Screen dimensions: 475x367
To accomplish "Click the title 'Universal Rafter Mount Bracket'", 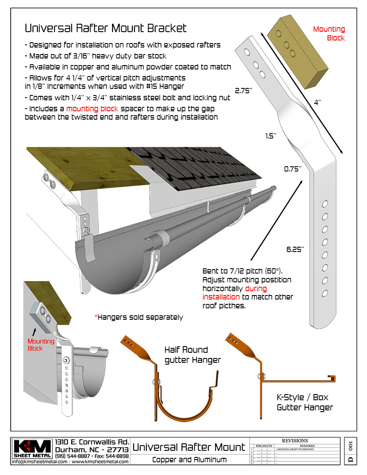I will pyautogui.click(x=105, y=28).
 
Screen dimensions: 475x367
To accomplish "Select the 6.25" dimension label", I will pyautogui.click(x=295, y=249).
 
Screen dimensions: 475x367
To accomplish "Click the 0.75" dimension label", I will pyautogui.click(x=293, y=168).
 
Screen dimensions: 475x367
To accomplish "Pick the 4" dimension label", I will pyautogui.click(x=317, y=102).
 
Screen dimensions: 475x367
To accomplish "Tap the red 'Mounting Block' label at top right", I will pyautogui.click(x=329, y=33).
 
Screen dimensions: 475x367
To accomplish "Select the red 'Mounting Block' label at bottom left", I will pyautogui.click(x=41, y=344).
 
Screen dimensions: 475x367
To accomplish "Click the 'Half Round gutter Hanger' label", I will pyautogui.click(x=193, y=355).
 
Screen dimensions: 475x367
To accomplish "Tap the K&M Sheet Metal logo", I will pyautogui.click(x=33, y=449).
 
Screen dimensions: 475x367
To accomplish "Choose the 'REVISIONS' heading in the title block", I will pyautogui.click(x=294, y=440).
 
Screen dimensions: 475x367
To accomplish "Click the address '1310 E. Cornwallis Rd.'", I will pyautogui.click(x=92, y=442).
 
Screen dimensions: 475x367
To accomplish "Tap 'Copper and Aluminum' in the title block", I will pyautogui.click(x=189, y=460).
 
